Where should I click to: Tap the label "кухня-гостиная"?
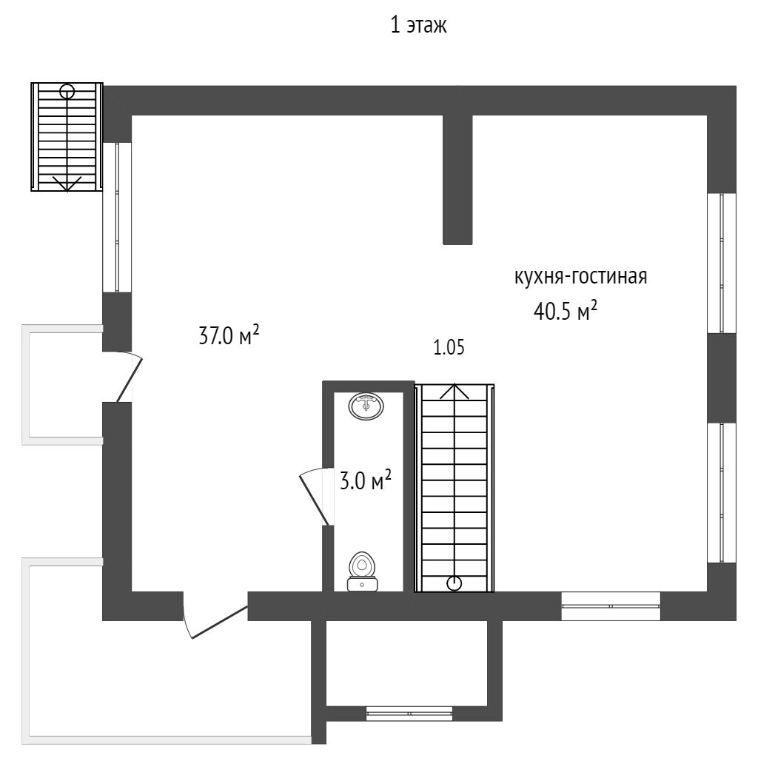coord(581,277)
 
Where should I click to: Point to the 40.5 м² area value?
coord(565,311)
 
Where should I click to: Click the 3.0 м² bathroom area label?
coord(365,481)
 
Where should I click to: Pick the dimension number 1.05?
coord(449,348)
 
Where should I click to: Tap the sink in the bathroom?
coord(366,406)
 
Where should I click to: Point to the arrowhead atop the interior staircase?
coord(455,390)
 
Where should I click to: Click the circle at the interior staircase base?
coord(455,583)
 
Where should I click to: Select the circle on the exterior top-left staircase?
coord(67,92)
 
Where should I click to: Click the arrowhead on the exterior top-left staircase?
coord(67,185)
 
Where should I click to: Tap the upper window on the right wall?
coord(722,263)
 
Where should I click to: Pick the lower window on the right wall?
coord(722,492)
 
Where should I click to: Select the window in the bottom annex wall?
coord(409,714)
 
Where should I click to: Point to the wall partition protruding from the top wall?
coord(457,178)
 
